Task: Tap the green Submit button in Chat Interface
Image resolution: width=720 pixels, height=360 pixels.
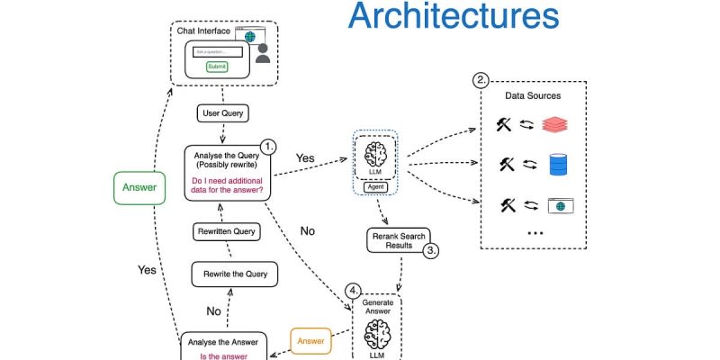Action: pyautogui.click(x=217, y=67)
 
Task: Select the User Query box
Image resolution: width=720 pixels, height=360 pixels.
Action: pyautogui.click(x=222, y=114)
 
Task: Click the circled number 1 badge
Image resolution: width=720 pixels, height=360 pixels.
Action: pyautogui.click(x=267, y=146)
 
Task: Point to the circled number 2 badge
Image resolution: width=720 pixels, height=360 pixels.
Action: pyautogui.click(x=482, y=79)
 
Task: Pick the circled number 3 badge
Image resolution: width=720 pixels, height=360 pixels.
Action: pyautogui.click(x=432, y=251)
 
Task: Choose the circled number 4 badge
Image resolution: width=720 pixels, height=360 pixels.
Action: pyautogui.click(x=354, y=291)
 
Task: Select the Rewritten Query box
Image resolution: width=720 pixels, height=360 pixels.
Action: pyautogui.click(x=227, y=231)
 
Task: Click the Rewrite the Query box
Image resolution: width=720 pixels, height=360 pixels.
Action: pyautogui.click(x=235, y=274)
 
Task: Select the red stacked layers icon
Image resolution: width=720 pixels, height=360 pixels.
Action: pyautogui.click(x=558, y=126)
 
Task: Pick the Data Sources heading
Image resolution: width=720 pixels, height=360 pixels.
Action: pyautogui.click(x=533, y=95)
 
